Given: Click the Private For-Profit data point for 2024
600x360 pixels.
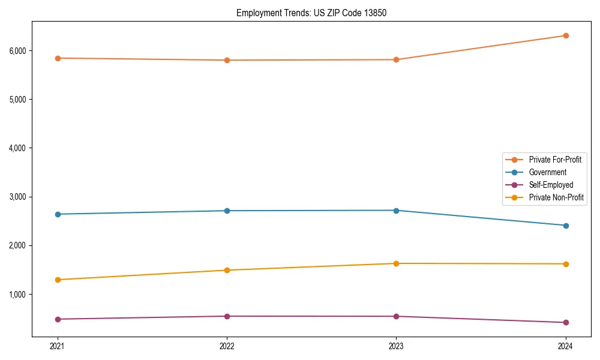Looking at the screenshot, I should [566, 35].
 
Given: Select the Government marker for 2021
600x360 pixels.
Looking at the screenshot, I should [58, 214].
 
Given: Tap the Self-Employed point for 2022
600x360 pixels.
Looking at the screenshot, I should [227, 316].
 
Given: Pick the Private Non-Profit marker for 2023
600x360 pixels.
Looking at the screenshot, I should [396, 263].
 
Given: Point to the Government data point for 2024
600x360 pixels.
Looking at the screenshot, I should [566, 226].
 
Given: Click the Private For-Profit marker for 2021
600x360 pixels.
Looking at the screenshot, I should [58, 58].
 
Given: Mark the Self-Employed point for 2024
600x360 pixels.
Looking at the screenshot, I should [566, 322].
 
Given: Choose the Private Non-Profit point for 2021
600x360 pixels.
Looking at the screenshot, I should [58, 280].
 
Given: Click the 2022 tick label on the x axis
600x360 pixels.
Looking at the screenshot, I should [227, 346].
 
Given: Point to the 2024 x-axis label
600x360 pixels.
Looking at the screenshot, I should [566, 346].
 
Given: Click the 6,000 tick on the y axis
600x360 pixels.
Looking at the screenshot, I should [17, 50].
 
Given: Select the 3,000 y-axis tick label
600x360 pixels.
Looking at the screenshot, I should [17, 197].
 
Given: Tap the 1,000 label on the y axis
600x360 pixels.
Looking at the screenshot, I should [17, 295].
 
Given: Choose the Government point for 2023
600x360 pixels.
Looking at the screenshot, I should [396, 211].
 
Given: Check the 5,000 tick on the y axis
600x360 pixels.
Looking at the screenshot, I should [17, 99].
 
